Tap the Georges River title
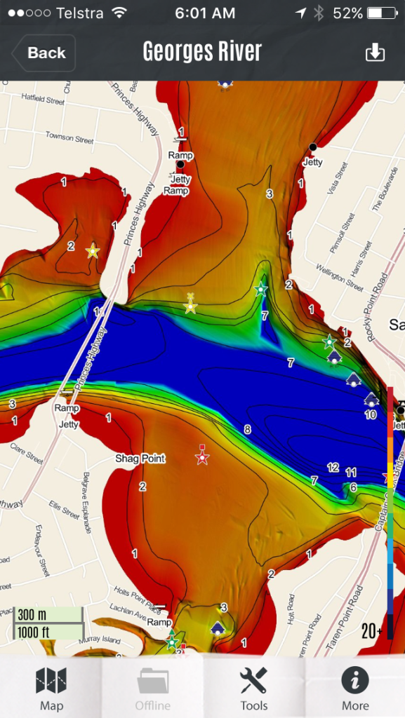pos(202,52)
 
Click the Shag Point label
pos(140,459)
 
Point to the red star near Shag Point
pos(202,458)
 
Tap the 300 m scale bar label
pos(33,615)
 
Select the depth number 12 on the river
pos(333,467)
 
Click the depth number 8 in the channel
pos(247,429)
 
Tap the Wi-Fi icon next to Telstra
pos(119,13)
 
